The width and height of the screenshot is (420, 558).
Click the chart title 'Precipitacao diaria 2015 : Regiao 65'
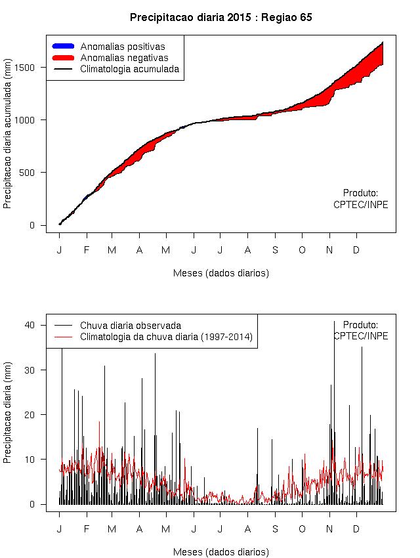click(x=220, y=18)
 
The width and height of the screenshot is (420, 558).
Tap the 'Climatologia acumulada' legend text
click(x=129, y=69)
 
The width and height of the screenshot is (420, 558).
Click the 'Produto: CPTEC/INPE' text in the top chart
click(x=361, y=199)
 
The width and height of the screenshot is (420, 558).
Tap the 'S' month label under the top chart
click(x=276, y=250)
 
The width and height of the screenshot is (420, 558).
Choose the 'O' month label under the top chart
click(x=303, y=250)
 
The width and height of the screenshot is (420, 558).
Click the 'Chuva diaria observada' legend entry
click(x=131, y=326)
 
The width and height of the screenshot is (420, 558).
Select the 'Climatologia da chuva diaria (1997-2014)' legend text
click(x=166, y=337)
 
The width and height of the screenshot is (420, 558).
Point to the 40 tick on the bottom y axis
click(x=37, y=325)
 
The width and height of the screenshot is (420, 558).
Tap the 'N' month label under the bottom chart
click(x=329, y=529)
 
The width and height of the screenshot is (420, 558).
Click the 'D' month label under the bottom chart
click(x=356, y=529)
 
